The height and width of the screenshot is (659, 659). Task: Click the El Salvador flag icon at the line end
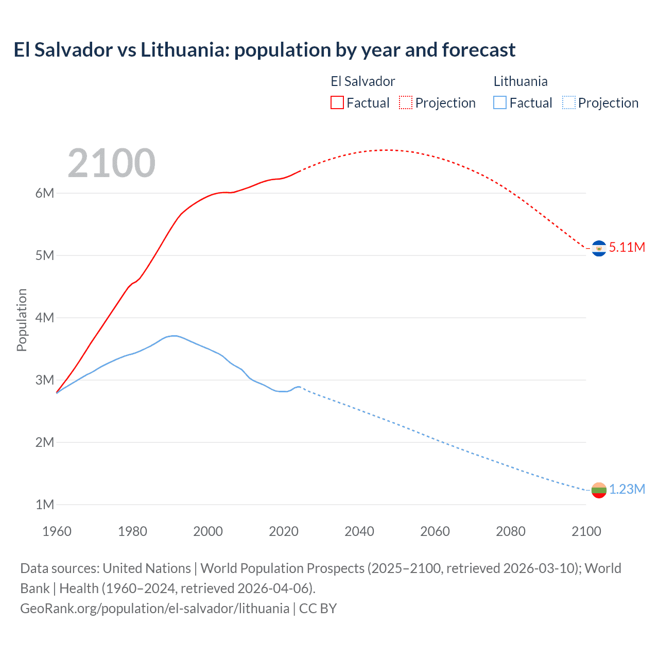[599, 248]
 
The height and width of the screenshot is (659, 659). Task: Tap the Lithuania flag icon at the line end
[599, 490]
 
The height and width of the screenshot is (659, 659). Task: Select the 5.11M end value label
[627, 248]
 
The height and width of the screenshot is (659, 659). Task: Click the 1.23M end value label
[627, 490]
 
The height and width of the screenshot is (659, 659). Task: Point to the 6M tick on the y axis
[45, 194]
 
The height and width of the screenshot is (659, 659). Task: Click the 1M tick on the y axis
[45, 505]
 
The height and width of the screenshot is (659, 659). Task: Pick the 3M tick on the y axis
[45, 380]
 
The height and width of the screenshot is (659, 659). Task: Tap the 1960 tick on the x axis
[57, 531]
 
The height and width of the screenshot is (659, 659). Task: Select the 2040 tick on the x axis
[359, 531]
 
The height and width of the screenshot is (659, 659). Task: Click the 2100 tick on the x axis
[586, 531]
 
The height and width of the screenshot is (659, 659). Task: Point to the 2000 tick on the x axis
[208, 531]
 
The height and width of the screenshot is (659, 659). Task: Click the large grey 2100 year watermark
[111, 163]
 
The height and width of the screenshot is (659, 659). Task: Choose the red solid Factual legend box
[337, 103]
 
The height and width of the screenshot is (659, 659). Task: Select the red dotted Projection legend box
[406, 103]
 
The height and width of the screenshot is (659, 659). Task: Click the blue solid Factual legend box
[500, 103]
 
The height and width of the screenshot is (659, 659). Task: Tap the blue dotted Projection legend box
[569, 103]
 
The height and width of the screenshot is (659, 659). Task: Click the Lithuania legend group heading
[521, 81]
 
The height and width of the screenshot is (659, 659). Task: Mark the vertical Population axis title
[22, 320]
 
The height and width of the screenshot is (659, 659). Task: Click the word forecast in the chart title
[478, 50]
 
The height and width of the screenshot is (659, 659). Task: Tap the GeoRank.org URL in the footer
[154, 609]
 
